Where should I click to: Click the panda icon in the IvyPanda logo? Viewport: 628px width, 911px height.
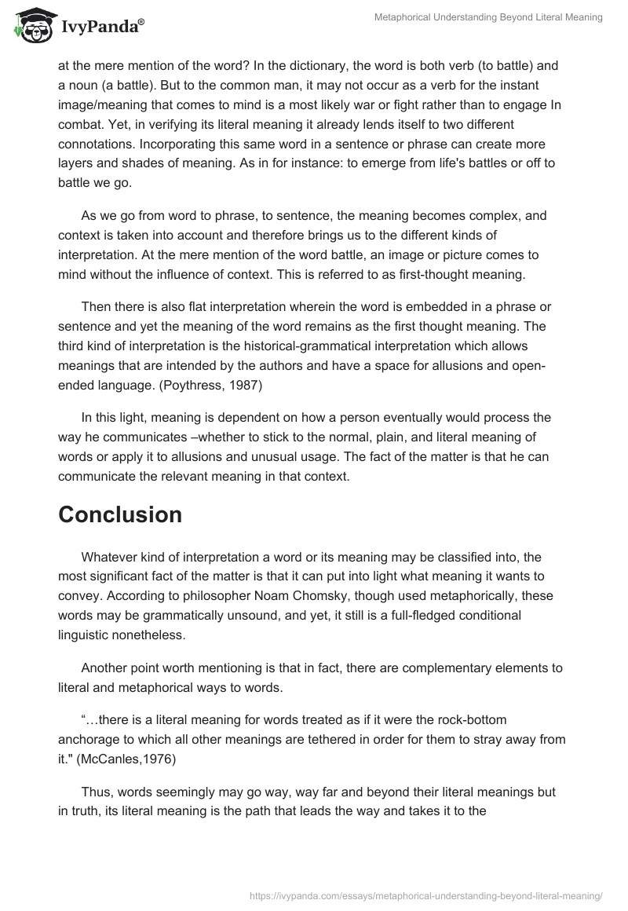pyautogui.click(x=34, y=25)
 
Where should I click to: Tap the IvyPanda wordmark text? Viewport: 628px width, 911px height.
pyautogui.click(x=101, y=27)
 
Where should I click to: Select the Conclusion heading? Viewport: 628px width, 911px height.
pyautogui.click(x=120, y=514)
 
